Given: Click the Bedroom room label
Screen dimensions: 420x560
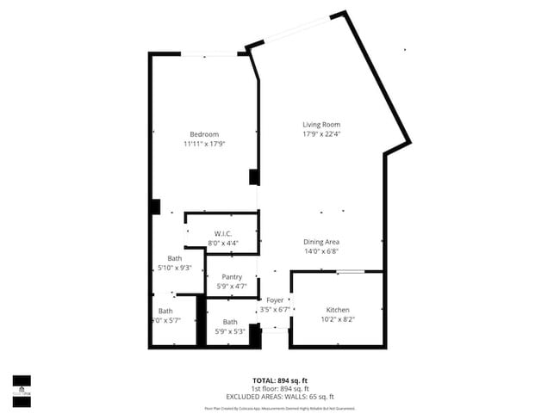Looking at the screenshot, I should point(204,134).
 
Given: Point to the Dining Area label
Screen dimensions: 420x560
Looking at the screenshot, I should point(320,242).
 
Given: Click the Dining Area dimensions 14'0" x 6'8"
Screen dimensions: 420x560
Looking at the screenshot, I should point(320,251).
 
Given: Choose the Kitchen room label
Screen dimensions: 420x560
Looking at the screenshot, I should point(337,310).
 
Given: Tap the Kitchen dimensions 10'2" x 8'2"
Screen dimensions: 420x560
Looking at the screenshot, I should point(337,319).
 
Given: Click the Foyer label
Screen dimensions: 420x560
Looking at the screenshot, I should point(275,300).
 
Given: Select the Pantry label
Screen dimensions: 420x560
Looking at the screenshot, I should point(232,276).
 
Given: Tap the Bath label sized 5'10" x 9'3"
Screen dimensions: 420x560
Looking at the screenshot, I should point(174,258).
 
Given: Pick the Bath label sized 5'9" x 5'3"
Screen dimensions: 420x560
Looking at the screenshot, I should point(230,322).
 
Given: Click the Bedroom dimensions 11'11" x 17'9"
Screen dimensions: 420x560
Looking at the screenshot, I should point(204,144).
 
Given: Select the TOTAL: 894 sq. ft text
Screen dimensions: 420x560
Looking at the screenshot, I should point(279,380).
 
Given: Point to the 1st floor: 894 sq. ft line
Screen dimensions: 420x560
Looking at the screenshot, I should point(279,388).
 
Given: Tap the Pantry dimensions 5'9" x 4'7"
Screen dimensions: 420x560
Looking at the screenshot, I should point(232,286).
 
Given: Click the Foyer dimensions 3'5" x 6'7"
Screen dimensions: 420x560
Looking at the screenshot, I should point(275,308).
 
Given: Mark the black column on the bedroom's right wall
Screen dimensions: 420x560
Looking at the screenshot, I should point(254,176).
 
